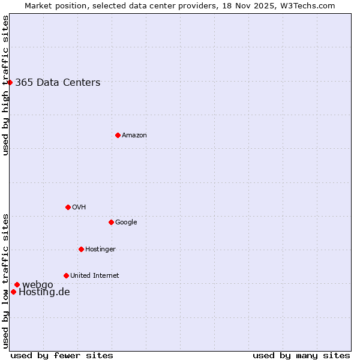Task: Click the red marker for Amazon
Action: point(118,135)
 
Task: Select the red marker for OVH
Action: point(68,207)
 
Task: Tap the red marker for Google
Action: point(111,222)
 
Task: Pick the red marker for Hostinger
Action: point(81,249)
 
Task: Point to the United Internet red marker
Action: point(66,275)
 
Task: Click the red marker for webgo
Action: point(17,284)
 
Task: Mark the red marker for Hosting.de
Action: point(13,292)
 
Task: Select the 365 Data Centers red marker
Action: point(10,82)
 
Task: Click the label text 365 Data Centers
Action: point(58,83)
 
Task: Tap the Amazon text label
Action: point(134,136)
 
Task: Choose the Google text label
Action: point(126,223)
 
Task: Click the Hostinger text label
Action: point(100,250)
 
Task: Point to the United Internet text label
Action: point(95,276)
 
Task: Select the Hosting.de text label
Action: point(44,292)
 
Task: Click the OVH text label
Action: point(79,208)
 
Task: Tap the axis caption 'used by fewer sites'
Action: point(62,356)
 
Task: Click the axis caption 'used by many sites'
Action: point(301,356)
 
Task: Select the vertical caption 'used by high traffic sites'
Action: point(5,85)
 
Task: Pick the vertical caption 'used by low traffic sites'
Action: point(5,280)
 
